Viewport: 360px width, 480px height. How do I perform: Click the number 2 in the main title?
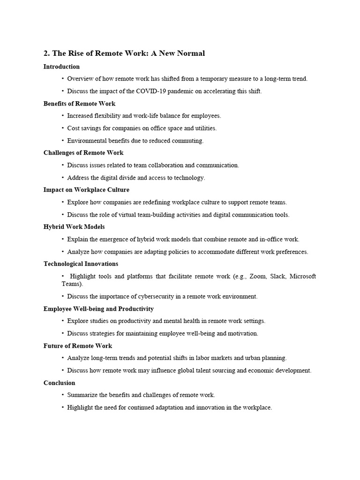(x=46, y=53)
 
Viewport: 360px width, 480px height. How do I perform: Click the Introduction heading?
(x=61, y=67)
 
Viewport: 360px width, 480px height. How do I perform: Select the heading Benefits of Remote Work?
(x=79, y=104)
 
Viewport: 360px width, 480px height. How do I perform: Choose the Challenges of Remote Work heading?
(x=83, y=153)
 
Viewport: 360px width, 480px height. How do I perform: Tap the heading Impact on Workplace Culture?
(x=86, y=190)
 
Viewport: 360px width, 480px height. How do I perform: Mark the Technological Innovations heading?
(x=81, y=264)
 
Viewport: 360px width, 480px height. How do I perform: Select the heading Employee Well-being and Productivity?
(x=98, y=309)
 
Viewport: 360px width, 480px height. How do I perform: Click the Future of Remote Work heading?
(x=78, y=346)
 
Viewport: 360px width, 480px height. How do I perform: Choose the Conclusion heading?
(x=60, y=383)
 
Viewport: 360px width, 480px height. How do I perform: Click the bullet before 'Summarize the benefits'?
(x=62, y=395)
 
